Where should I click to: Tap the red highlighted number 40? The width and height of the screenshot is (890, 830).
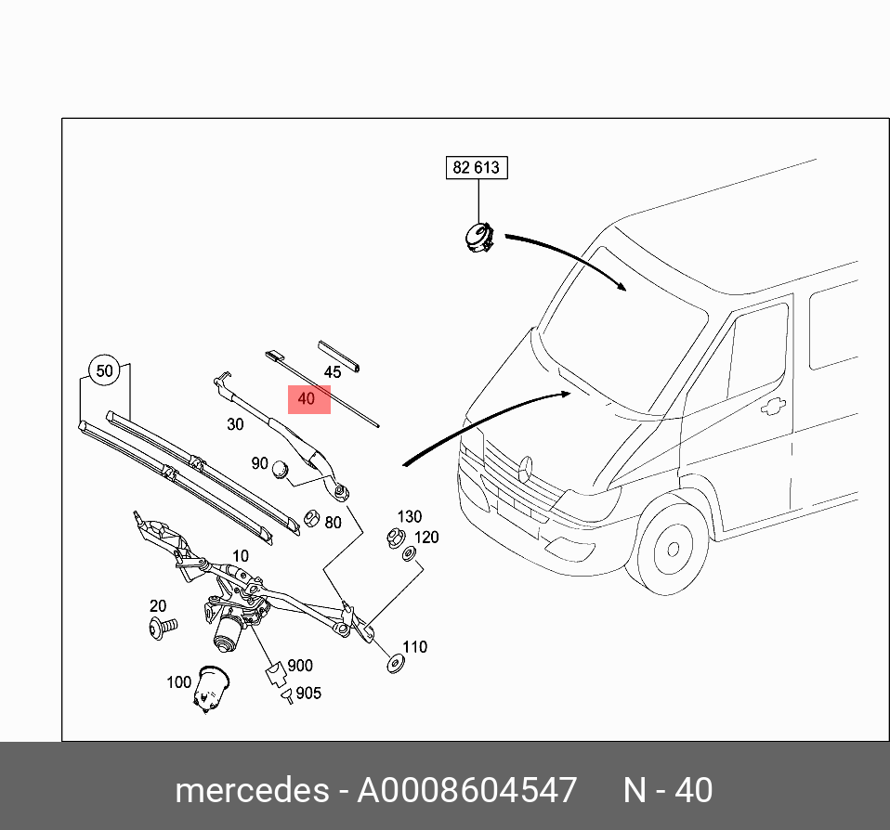click(x=308, y=400)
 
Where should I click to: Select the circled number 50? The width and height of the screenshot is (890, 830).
click(x=104, y=371)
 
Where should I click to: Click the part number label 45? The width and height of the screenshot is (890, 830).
click(x=332, y=372)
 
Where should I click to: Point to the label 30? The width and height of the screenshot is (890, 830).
click(x=234, y=423)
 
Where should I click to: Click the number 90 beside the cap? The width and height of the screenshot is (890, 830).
click(x=259, y=464)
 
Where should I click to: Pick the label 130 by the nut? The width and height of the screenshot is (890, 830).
click(x=410, y=517)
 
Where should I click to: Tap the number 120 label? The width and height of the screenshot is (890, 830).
click(x=426, y=538)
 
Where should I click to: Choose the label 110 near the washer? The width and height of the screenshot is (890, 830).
click(x=414, y=647)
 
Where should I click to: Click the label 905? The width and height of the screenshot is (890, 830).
click(x=308, y=694)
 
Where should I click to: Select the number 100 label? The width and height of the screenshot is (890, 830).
click(x=178, y=682)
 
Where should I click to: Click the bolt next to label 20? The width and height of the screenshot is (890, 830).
click(x=162, y=629)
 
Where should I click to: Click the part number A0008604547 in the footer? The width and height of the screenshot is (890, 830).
click(x=467, y=790)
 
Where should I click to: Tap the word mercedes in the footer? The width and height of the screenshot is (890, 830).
click(x=251, y=790)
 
